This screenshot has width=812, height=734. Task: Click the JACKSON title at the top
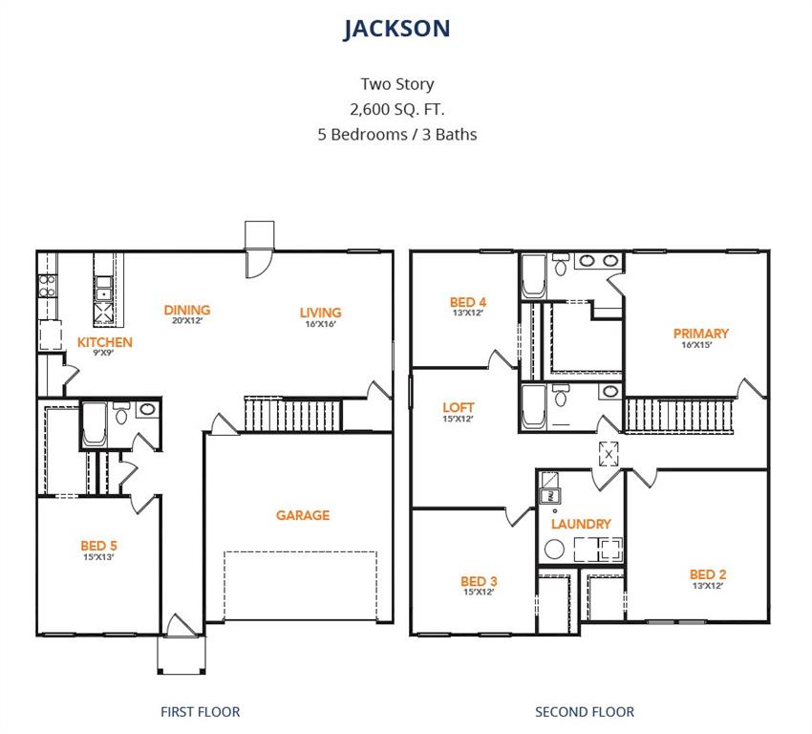click(396, 29)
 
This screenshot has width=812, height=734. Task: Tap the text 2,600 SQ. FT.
click(396, 109)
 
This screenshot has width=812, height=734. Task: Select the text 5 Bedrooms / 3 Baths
click(396, 134)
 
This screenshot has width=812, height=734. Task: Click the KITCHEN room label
click(105, 342)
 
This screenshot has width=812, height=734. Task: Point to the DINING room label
click(186, 310)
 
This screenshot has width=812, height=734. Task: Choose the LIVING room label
click(320, 313)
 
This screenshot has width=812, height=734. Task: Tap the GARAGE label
click(303, 515)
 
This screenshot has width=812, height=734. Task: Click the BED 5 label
click(98, 546)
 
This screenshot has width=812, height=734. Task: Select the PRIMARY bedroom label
click(700, 334)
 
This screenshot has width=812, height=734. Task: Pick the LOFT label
click(459, 407)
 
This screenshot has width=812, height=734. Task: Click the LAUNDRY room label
click(581, 524)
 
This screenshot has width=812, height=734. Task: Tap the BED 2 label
click(708, 574)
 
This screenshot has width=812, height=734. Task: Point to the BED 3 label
click(479, 581)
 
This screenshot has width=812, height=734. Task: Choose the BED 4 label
click(467, 302)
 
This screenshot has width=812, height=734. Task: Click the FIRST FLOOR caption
click(200, 711)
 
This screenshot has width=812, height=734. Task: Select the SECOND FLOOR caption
click(584, 711)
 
